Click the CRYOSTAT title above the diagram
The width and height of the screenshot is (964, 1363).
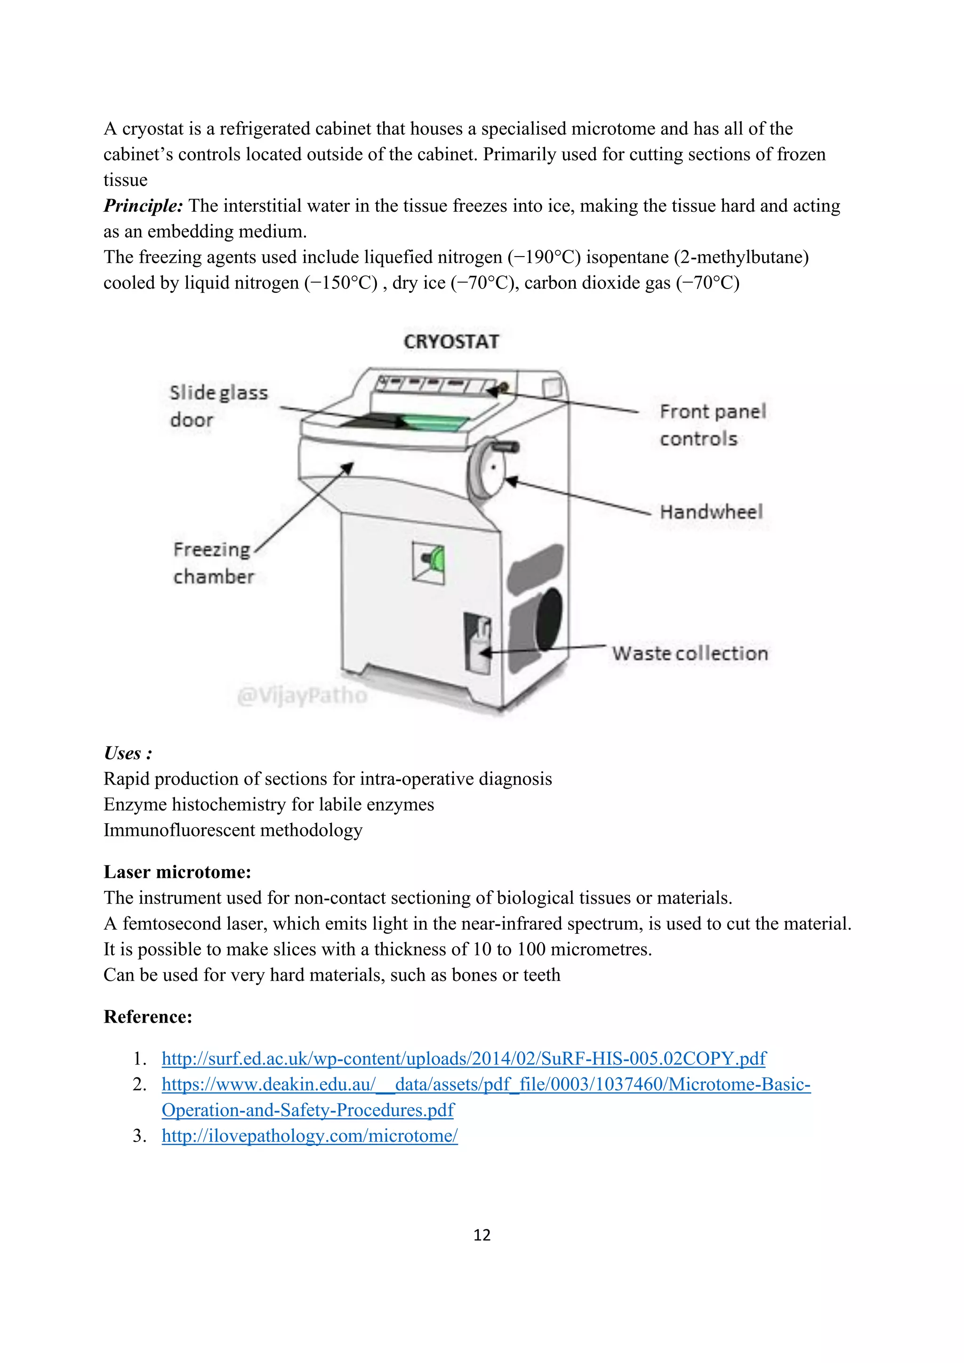[451, 342]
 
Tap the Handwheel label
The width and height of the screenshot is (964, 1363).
[711, 512]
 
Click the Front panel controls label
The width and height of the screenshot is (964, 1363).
[712, 425]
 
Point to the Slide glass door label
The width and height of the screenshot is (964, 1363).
[218, 406]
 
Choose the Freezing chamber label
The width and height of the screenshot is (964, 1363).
[213, 563]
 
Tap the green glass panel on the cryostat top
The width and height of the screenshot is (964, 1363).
[436, 423]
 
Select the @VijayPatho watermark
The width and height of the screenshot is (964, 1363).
[302, 695]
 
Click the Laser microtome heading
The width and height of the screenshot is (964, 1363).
[177, 872]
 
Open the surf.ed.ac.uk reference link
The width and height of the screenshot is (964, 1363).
[463, 1058]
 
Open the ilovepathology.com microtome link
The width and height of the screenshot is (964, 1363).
[309, 1136]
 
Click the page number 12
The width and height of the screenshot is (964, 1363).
[482, 1235]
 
